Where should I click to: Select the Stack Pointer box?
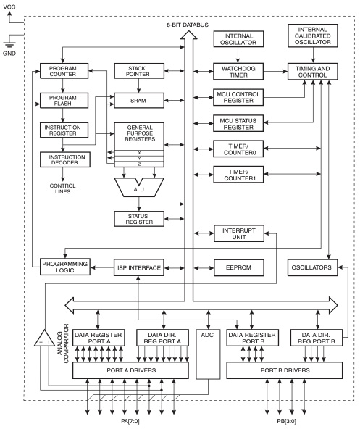click(x=138, y=72)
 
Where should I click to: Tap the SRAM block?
click(x=138, y=98)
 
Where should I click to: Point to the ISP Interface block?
click(x=138, y=267)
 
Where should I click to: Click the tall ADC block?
click(x=207, y=355)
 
